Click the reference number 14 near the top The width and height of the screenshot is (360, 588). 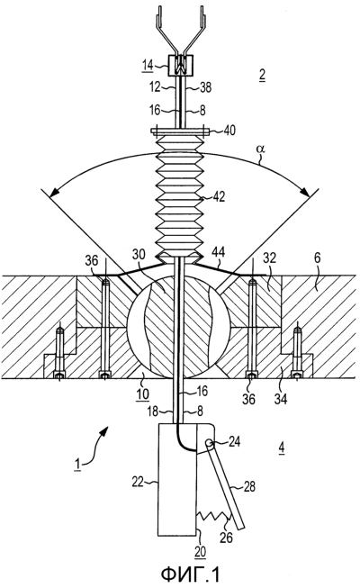(x=147, y=65)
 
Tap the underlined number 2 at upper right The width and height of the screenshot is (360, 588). (x=261, y=75)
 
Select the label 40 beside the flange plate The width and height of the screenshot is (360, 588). (x=229, y=131)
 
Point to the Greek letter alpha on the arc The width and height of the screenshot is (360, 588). (x=260, y=149)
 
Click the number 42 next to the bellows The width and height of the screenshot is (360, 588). (x=219, y=197)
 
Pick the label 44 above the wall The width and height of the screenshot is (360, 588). (x=219, y=252)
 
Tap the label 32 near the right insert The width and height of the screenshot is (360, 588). (x=270, y=258)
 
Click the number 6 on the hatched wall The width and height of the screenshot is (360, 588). (x=317, y=258)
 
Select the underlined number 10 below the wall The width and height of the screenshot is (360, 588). (x=142, y=394)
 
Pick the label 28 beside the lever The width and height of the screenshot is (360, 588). (x=248, y=487)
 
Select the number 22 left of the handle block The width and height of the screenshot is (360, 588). (x=138, y=481)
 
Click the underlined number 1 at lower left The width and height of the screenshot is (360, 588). (x=77, y=465)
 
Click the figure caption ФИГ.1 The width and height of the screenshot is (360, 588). (x=190, y=574)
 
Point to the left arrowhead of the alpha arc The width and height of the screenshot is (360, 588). (x=55, y=191)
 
